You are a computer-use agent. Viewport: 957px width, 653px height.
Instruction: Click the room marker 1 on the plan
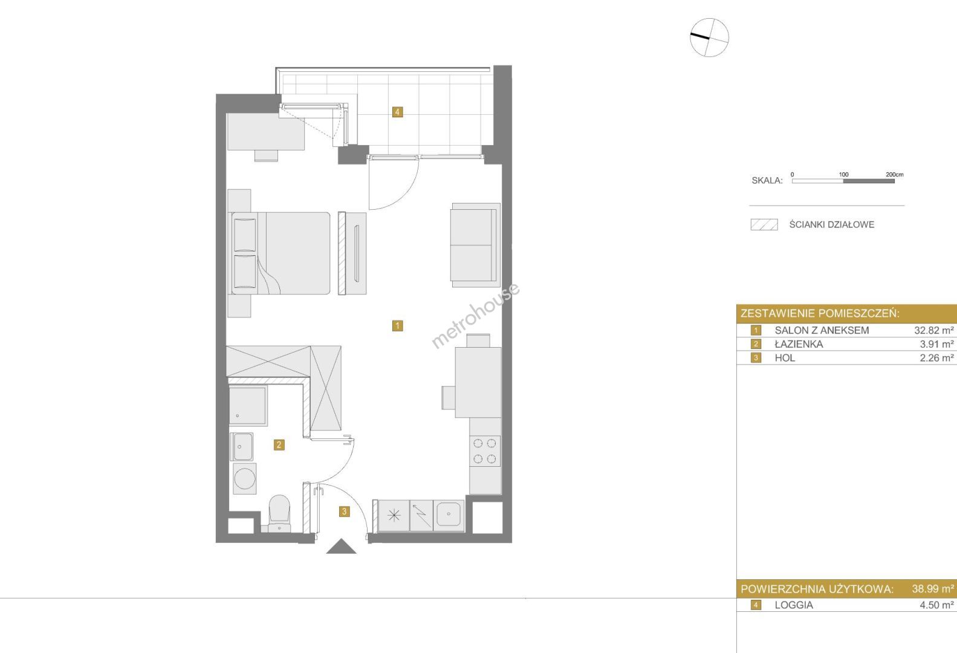[397, 326]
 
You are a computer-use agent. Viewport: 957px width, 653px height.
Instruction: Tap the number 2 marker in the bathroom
[279, 445]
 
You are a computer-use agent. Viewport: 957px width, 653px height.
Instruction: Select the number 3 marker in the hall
[345, 511]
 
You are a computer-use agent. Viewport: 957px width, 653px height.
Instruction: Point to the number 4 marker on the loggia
[397, 112]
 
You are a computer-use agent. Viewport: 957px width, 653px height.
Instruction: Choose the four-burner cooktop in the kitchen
[485, 451]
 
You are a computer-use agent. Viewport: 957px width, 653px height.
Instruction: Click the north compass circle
[709, 37]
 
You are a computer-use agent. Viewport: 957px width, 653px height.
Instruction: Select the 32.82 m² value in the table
[934, 330]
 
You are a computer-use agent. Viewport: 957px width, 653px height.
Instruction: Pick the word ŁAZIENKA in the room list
[799, 344]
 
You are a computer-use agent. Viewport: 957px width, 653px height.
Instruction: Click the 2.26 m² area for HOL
[936, 358]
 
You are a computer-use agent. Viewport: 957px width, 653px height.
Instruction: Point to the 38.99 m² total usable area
[933, 589]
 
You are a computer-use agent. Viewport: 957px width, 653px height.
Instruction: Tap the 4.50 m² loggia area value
[936, 605]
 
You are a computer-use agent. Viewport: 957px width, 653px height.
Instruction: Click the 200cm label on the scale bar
[895, 174]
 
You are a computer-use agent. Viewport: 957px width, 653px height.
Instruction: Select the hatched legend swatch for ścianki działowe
[764, 225]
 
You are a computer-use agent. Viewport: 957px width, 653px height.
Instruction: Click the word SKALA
[767, 180]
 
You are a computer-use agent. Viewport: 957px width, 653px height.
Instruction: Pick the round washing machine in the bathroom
[245, 478]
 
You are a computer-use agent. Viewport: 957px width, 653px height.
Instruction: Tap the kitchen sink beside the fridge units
[449, 515]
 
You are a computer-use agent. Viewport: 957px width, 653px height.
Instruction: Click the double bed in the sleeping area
[281, 253]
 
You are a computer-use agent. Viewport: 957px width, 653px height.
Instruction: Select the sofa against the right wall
[475, 245]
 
